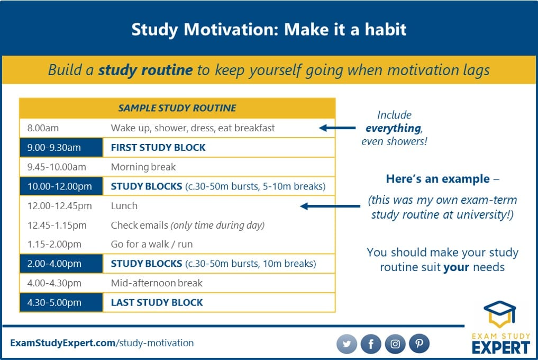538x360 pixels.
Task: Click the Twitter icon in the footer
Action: (x=346, y=344)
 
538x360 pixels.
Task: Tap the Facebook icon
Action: (x=371, y=344)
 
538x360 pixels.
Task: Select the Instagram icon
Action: (x=395, y=344)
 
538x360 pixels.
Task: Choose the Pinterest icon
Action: (x=420, y=344)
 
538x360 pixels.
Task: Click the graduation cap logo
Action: (x=499, y=313)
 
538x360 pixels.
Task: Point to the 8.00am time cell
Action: (x=43, y=128)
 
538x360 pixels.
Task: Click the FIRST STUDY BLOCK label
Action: (x=158, y=147)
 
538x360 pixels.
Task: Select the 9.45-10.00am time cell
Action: (x=57, y=167)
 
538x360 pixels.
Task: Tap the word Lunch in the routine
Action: (x=124, y=206)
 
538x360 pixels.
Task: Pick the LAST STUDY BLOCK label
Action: (x=157, y=303)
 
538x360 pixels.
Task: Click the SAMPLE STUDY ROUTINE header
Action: (x=177, y=108)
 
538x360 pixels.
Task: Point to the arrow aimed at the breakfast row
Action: (x=338, y=128)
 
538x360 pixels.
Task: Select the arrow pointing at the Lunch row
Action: (x=330, y=206)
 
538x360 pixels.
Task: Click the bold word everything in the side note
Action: (x=393, y=128)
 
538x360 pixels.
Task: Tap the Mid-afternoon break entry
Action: (x=157, y=283)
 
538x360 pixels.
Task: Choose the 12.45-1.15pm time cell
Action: (x=57, y=226)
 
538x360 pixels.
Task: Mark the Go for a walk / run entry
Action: (x=152, y=244)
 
